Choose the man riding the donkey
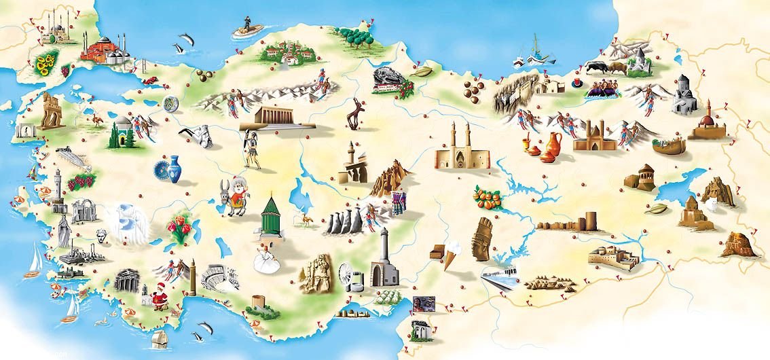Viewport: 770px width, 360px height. click(234, 194)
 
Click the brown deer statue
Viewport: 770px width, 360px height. click(354, 113)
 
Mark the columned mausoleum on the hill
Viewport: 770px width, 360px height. click(278, 116)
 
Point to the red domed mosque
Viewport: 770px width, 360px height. click(103, 49)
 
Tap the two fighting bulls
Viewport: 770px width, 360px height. click(606, 67)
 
